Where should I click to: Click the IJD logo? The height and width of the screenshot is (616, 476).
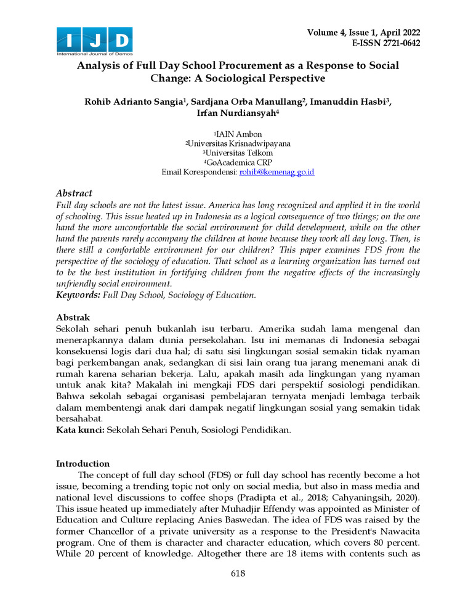click(x=94, y=41)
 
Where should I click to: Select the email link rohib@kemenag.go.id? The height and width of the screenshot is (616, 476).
click(x=276, y=172)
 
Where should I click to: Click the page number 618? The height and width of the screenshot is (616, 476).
click(x=238, y=573)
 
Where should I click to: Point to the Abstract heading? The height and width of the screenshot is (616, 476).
click(x=74, y=193)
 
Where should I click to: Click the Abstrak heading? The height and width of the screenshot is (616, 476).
click(x=73, y=318)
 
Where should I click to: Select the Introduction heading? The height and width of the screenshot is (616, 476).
click(x=83, y=463)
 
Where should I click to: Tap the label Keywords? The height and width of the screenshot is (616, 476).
click(x=78, y=296)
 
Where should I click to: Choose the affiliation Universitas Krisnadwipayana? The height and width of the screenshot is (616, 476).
click(x=240, y=143)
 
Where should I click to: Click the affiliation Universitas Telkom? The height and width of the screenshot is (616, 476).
click(x=239, y=153)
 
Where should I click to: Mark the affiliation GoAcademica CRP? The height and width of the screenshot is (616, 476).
click(x=240, y=163)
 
